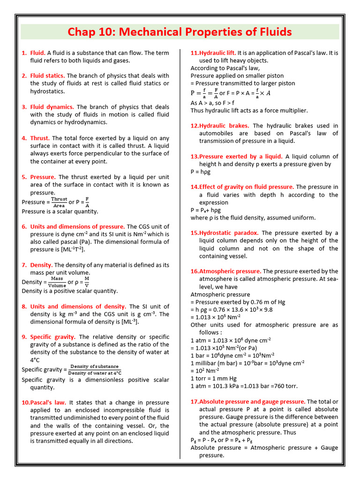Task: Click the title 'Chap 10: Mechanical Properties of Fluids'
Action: (180, 32)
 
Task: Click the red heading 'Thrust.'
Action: (40, 138)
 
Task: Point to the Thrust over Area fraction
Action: (59, 202)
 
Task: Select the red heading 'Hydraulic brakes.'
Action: (221, 126)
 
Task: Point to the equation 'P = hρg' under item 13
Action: (200, 172)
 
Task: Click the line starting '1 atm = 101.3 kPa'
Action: (244, 386)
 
